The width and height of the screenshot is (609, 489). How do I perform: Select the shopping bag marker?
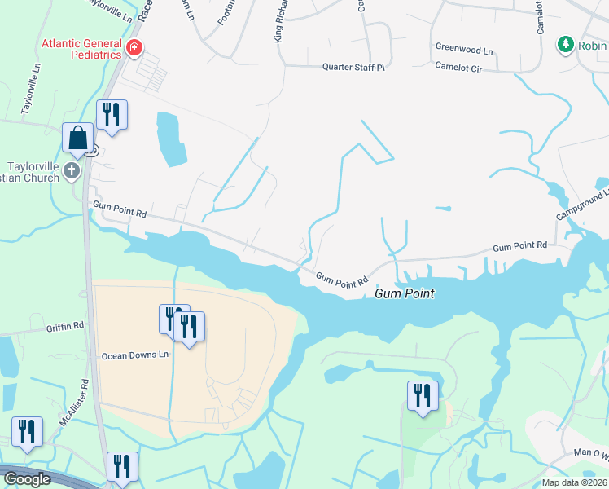pos(78,139)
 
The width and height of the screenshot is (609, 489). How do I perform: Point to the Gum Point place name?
pos(404,293)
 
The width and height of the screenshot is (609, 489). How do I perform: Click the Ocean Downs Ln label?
pos(134,355)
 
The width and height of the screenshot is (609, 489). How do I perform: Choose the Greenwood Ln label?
pos(464,50)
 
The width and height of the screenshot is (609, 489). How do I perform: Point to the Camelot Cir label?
pos(458,67)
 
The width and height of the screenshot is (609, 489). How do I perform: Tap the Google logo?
pos(28,479)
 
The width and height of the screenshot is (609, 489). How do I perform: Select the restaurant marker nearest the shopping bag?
pos(112,116)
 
